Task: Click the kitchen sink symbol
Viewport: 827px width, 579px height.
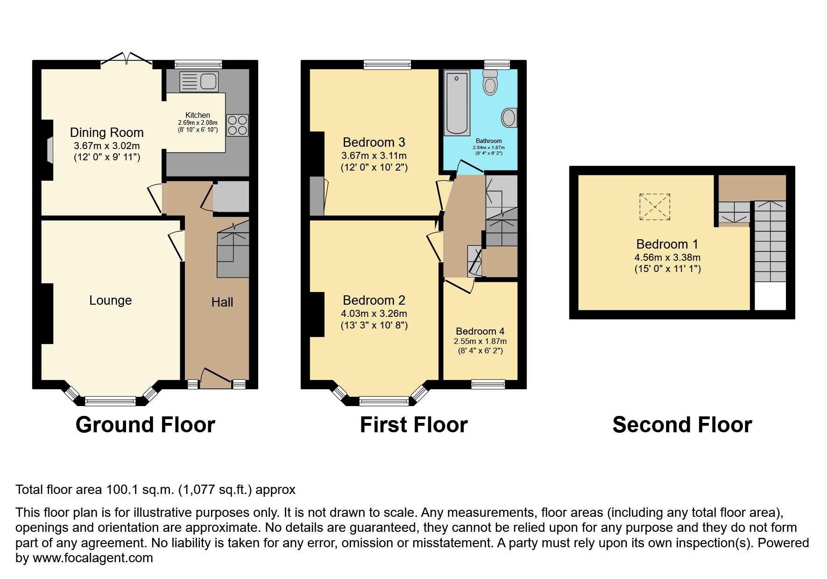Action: pos(198,82)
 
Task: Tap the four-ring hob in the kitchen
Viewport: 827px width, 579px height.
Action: pos(237,125)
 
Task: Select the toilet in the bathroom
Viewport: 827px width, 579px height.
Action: pos(490,83)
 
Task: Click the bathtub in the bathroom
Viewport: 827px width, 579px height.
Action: pos(457,103)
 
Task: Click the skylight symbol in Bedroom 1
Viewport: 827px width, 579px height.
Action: pos(655,207)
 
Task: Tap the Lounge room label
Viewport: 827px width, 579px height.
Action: pos(110,300)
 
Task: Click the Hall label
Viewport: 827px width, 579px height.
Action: pos(222,302)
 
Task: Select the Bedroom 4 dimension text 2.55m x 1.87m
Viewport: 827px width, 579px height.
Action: pos(480,342)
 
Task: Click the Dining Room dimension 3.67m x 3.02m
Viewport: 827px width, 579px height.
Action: pos(107,146)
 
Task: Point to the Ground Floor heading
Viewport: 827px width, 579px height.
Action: pos(145,425)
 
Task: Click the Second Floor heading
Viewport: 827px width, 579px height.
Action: pos(682,425)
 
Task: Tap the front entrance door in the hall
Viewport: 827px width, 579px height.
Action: pos(216,378)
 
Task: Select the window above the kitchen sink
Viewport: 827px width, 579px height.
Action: pos(198,64)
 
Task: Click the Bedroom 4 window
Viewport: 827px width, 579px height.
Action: pos(488,384)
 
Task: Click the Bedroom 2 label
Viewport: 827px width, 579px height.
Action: pos(374,300)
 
